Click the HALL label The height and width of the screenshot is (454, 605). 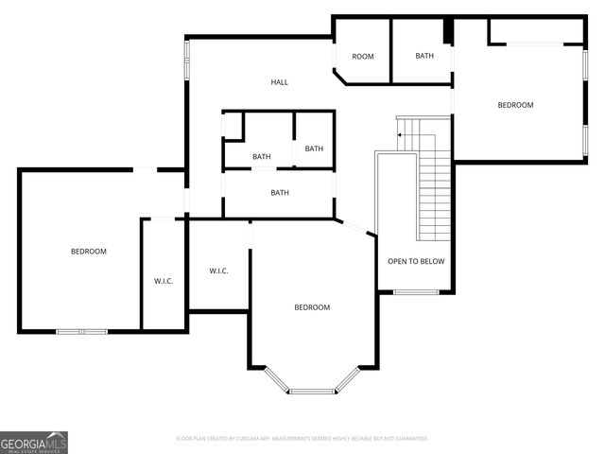(x=280, y=82)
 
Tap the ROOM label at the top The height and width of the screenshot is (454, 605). (x=363, y=57)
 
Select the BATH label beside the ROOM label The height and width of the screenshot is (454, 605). (x=424, y=56)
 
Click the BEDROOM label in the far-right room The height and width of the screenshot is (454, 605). (x=515, y=105)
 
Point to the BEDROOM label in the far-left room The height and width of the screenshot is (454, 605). (x=89, y=252)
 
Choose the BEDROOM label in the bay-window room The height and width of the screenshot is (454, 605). (x=312, y=307)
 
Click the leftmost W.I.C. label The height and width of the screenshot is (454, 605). (x=163, y=281)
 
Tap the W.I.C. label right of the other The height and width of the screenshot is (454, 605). (x=218, y=271)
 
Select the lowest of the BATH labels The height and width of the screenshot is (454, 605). (x=280, y=193)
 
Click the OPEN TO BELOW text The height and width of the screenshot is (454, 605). (x=415, y=262)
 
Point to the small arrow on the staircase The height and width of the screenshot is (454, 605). (x=400, y=135)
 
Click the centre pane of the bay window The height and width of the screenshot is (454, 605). (x=312, y=391)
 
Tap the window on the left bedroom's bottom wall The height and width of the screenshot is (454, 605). (x=82, y=331)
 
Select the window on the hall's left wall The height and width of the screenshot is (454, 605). (x=186, y=60)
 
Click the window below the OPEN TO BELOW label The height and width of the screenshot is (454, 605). (x=415, y=292)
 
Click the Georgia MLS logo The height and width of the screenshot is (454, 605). (x=34, y=443)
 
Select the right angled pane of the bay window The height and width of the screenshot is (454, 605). (x=349, y=379)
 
